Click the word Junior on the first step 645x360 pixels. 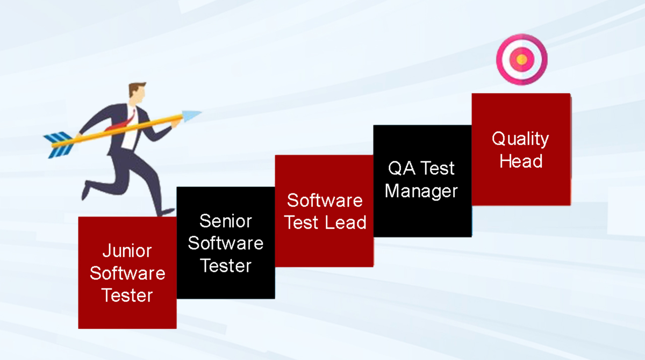coord(127,251)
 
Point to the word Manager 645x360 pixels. coord(421,191)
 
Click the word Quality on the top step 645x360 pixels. coord(520,139)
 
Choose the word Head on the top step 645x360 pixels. coord(520,161)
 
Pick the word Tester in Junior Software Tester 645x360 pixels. coord(127,296)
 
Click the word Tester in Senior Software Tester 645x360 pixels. coord(225,265)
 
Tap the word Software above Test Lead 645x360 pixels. coord(325,200)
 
